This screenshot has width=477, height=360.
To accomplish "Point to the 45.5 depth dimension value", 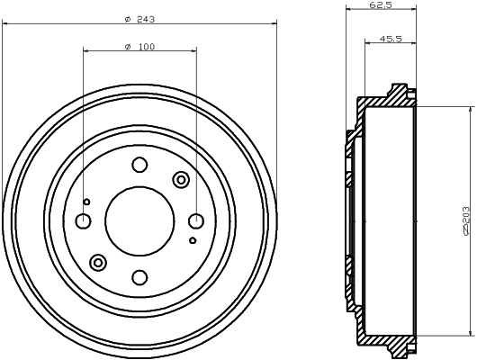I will pos(391,39).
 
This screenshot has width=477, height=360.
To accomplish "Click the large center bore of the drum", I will pos(139,220).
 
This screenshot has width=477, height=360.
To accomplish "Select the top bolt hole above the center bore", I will pos(139,165).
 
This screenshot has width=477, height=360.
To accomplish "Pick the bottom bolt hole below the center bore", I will pos(139,277).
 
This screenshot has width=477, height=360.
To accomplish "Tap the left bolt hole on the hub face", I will pos(84,221).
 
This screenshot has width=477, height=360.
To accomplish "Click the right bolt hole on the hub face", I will pos(196,221).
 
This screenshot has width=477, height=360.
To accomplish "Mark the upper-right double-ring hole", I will pos(181,180).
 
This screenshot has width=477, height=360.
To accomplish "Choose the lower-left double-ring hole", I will pos(99,262).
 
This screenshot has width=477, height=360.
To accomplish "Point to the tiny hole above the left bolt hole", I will pos(86,202).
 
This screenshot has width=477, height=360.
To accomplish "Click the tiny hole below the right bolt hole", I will pos(193,240).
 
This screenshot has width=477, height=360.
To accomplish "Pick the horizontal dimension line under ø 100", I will pos(108,53).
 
